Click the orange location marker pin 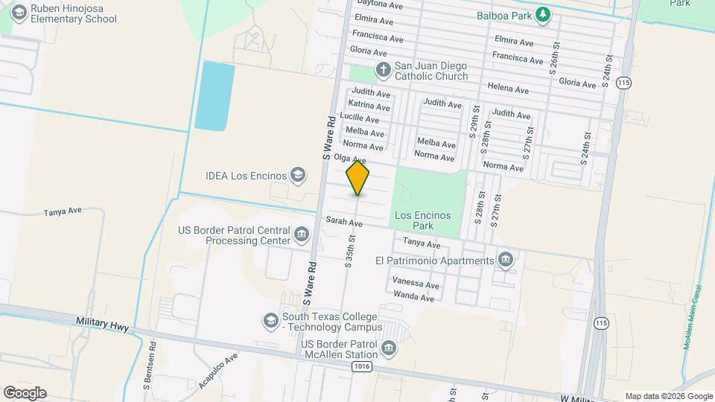coord(358,178)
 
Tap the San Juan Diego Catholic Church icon coord(383,71)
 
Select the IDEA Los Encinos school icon coord(298,176)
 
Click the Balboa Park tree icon coord(544,14)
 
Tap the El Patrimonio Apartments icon coord(506,260)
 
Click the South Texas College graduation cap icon coord(270,321)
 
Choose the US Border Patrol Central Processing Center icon coord(302,235)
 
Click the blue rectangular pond coord(214,97)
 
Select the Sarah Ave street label coord(344,222)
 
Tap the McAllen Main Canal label coord(693,317)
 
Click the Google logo coord(25,393)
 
